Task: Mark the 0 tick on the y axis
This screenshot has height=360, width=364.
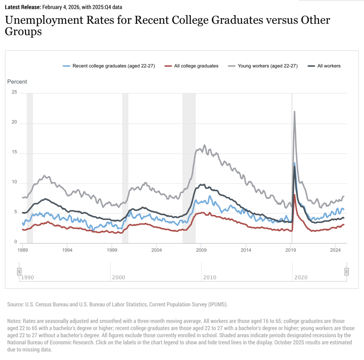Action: [15, 242]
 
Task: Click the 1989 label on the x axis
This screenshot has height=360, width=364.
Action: [23, 250]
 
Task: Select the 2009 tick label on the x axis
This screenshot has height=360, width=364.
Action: [201, 250]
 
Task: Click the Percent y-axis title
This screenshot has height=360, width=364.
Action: [17, 81]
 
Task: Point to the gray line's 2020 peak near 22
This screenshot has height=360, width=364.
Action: [294, 112]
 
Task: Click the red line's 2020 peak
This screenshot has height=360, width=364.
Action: [295, 195]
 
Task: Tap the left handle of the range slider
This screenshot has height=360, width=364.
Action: [19, 272]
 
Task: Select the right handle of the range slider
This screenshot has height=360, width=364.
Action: [347, 272]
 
